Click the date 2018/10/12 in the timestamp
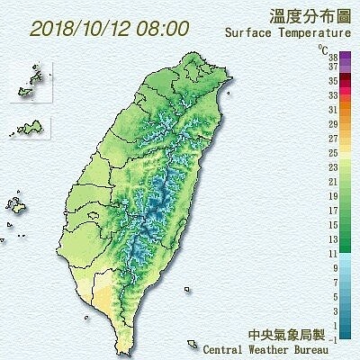[83, 28]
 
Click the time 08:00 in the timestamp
[164, 28]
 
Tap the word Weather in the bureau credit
[274, 348]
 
